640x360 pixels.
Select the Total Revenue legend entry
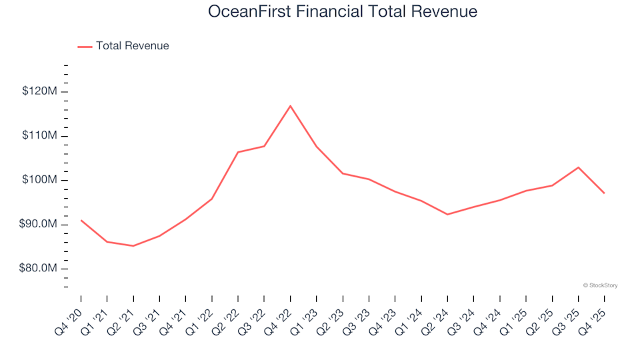pos(123,46)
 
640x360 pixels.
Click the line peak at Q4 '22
pos(291,105)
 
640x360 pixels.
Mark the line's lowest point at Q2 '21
pos(133,246)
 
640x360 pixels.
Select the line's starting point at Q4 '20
pos(81,220)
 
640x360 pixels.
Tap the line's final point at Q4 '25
pos(604,193)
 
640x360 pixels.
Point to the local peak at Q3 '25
pos(578,167)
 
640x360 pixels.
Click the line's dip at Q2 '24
pos(447,215)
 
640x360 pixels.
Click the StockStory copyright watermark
pos(600,285)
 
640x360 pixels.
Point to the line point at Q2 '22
pos(238,152)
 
